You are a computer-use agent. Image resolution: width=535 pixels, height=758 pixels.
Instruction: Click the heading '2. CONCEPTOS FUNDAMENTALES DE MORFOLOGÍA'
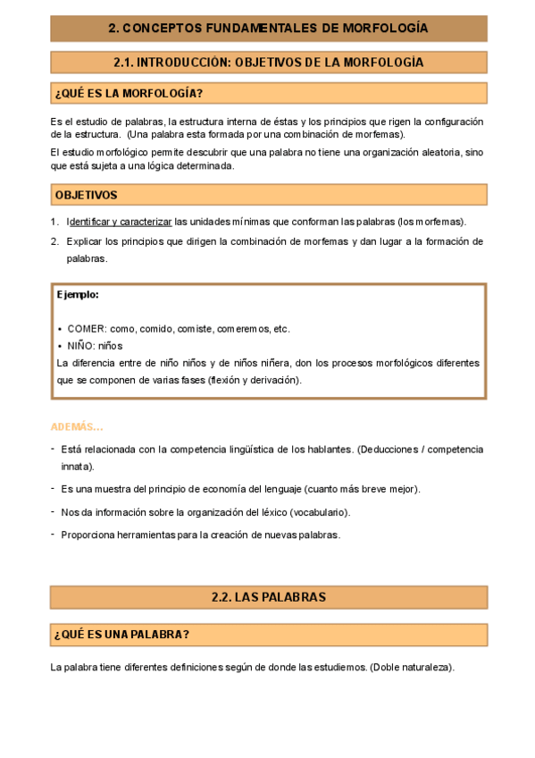[x=268, y=29]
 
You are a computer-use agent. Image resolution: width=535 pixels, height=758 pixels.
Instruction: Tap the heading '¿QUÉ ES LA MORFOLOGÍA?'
[x=129, y=94]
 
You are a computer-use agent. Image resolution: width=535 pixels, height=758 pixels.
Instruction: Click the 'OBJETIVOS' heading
[x=86, y=195]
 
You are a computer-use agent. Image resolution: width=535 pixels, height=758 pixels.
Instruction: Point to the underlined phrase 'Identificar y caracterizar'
[x=120, y=223]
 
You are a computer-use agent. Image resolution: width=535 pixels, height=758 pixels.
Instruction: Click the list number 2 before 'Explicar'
[x=54, y=241]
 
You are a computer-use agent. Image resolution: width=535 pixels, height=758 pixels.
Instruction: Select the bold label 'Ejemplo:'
[x=78, y=294]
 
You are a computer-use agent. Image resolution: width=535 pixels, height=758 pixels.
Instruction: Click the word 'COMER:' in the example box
[x=87, y=328]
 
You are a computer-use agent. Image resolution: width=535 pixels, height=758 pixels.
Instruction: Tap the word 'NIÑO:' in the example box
[x=83, y=345]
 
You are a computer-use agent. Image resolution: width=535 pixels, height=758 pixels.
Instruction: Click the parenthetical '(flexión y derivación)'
[x=254, y=380]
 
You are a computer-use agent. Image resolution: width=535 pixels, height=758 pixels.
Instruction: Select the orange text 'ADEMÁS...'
[x=77, y=426]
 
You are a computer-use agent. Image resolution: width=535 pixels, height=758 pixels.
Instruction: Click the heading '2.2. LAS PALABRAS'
[x=268, y=597]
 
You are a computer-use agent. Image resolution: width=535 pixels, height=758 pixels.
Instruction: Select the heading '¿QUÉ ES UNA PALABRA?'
[x=121, y=635]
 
